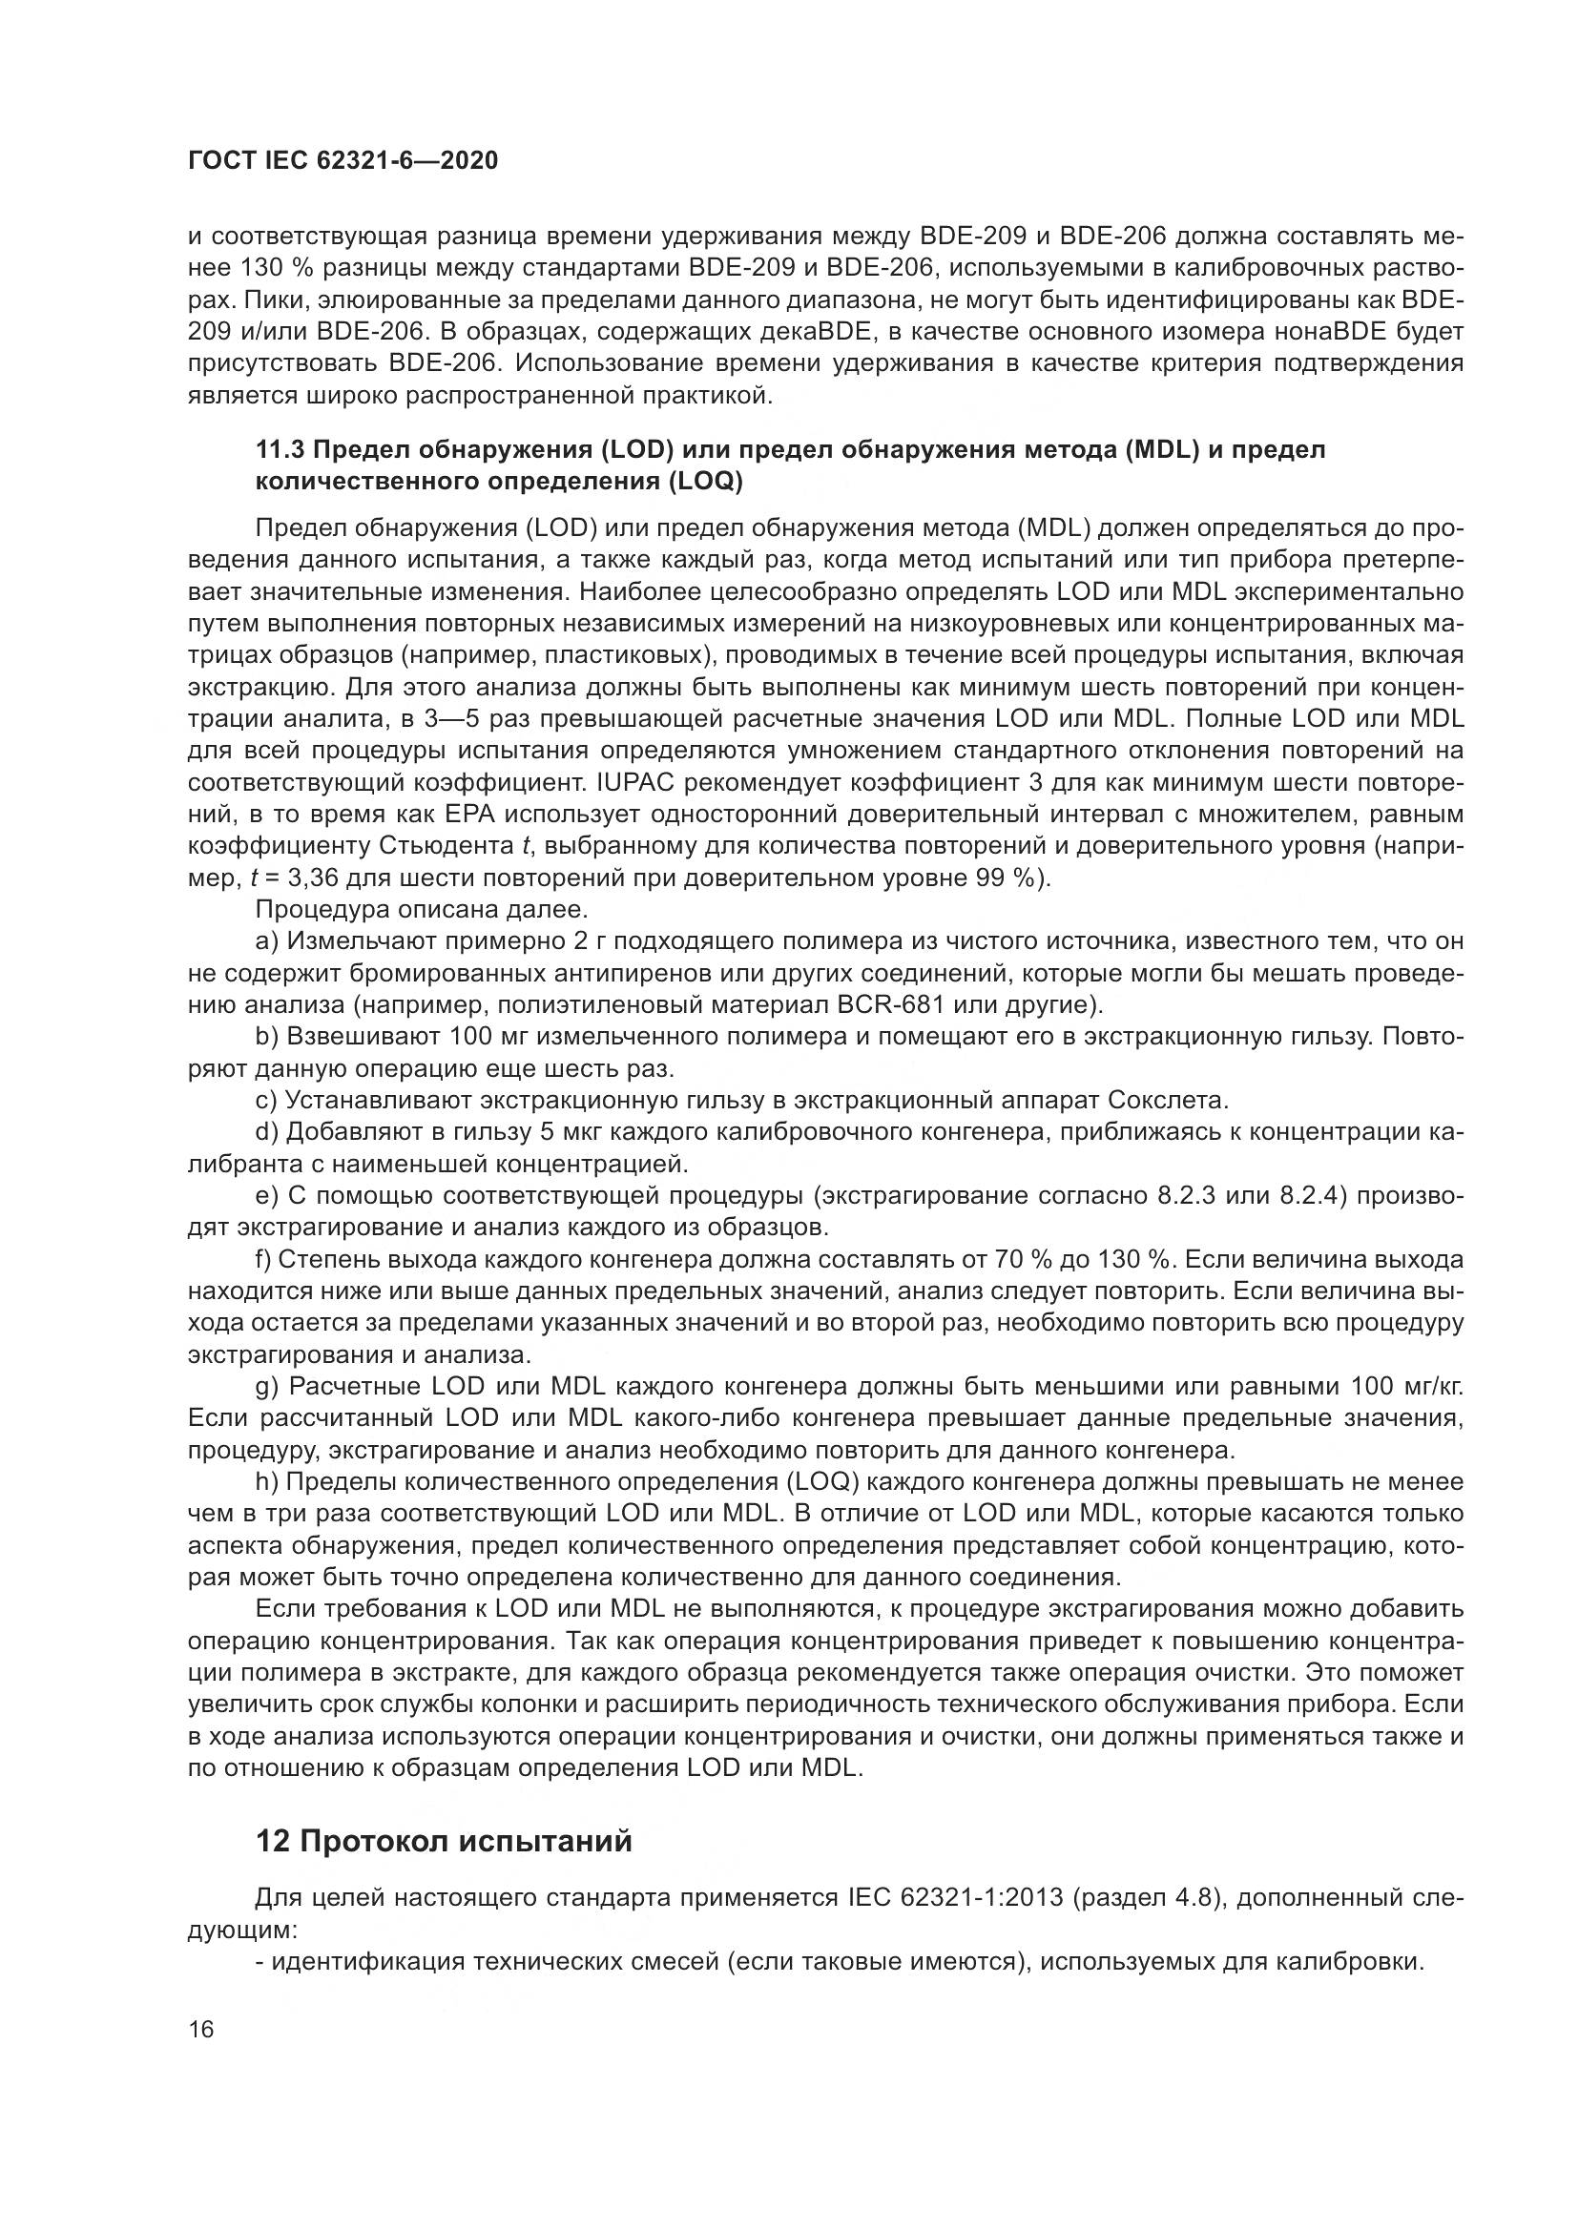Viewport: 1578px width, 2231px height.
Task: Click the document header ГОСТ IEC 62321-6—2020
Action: click(x=343, y=161)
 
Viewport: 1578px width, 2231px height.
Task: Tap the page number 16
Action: click(x=201, y=2030)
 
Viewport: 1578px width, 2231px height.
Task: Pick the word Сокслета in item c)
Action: click(x=1176, y=1101)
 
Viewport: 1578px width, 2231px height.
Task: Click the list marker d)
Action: click(x=267, y=1133)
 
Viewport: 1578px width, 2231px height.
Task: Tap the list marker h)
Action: click(x=267, y=1482)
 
